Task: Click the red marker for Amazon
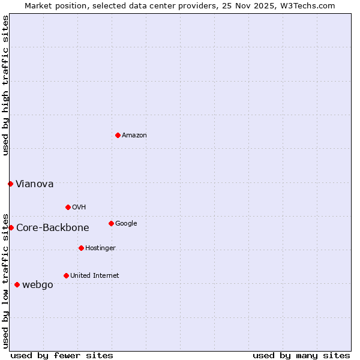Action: coord(118,135)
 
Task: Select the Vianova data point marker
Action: coord(10,184)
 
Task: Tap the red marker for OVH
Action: coord(68,207)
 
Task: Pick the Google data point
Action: coord(111,223)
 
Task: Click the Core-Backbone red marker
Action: coord(11,227)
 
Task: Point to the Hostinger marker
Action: coord(81,248)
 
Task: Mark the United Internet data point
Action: coord(66,275)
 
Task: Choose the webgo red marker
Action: coord(17,284)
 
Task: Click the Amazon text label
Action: coord(134,136)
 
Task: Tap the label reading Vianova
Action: coord(34,184)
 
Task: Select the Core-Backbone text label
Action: coord(53,228)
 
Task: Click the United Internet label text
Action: coord(95,276)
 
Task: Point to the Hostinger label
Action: coord(100,248)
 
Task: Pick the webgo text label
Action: coord(38,285)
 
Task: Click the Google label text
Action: coord(126,224)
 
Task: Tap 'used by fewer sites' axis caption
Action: coord(62,355)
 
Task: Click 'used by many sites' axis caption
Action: coord(301,355)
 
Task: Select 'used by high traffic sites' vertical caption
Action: coord(6,85)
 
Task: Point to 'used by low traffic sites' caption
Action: coord(6,280)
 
